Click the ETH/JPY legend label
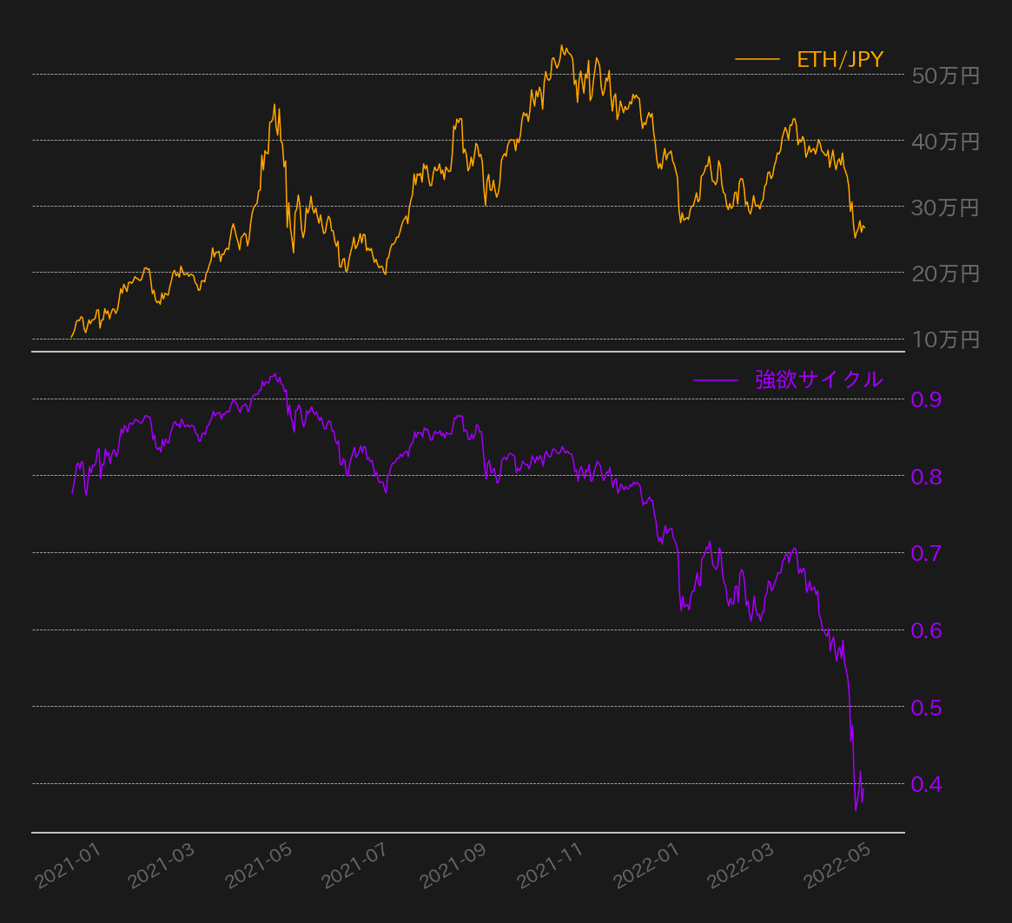pos(839,59)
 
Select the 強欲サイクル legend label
pos(818,379)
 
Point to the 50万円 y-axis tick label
pos(946,76)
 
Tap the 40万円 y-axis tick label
pos(946,141)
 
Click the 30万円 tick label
pos(946,208)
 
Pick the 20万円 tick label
pos(946,274)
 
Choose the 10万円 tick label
pos(946,340)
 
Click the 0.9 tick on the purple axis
pos(927,399)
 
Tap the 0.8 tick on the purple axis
pos(927,477)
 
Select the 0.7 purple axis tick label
pos(927,553)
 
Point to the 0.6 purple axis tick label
pos(927,630)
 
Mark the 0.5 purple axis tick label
pos(927,708)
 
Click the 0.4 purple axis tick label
pos(927,784)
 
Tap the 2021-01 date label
pos(69,867)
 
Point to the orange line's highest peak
pos(561,45)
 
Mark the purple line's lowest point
pos(856,811)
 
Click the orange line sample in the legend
pos(757,59)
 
